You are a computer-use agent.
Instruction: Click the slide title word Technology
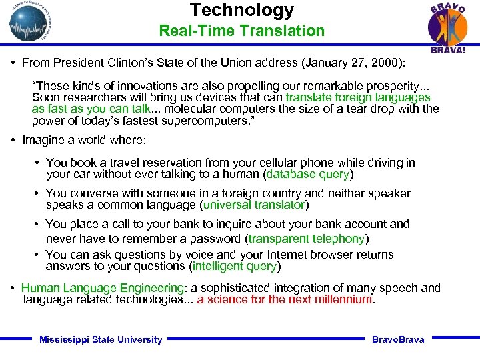click(241, 10)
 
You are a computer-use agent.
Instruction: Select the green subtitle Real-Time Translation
click(241, 31)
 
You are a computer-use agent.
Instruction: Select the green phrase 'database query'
click(309, 175)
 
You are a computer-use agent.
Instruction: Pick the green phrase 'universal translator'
click(254, 205)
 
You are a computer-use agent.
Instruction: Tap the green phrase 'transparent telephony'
click(307, 238)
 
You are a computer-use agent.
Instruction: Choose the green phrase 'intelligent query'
click(234, 267)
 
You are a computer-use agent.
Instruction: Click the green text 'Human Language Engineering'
click(103, 288)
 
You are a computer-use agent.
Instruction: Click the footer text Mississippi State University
click(101, 340)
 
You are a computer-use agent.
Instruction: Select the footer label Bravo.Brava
click(398, 340)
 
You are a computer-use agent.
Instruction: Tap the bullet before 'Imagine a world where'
click(14, 141)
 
